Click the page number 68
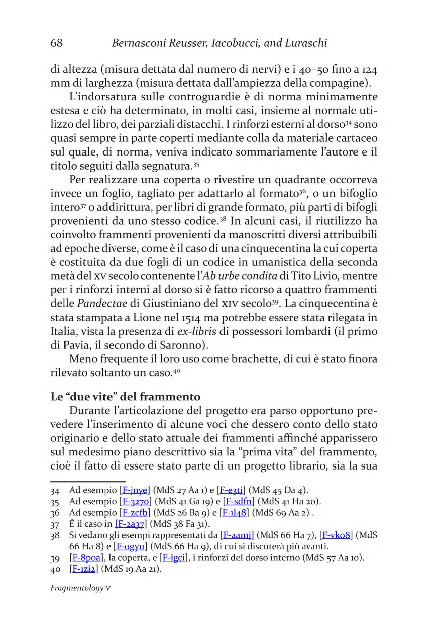pos(57,43)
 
